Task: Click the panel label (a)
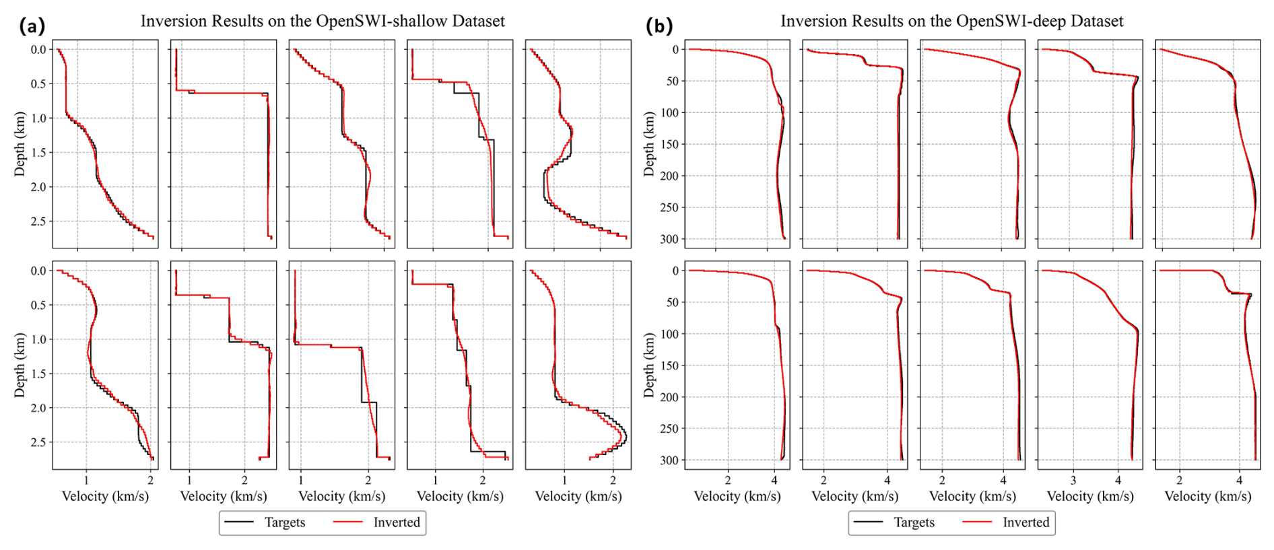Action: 32,26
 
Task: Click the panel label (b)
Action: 659,26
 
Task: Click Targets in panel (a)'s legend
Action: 284,522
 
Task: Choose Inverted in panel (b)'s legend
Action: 1026,522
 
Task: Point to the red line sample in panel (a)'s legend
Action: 348,522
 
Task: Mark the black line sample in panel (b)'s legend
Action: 868,522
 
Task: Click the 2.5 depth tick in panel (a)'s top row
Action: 38,221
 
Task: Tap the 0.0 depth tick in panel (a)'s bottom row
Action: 38,271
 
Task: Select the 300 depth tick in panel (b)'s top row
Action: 669,239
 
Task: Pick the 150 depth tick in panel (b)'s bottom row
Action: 669,366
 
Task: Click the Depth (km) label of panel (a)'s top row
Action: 20,144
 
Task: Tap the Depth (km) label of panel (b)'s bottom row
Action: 648,365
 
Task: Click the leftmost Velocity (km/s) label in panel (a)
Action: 105,497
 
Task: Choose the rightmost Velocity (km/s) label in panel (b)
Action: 1207,497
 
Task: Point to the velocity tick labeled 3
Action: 1073,481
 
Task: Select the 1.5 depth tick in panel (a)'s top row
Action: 38,153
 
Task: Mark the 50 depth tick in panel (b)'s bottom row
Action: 672,302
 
